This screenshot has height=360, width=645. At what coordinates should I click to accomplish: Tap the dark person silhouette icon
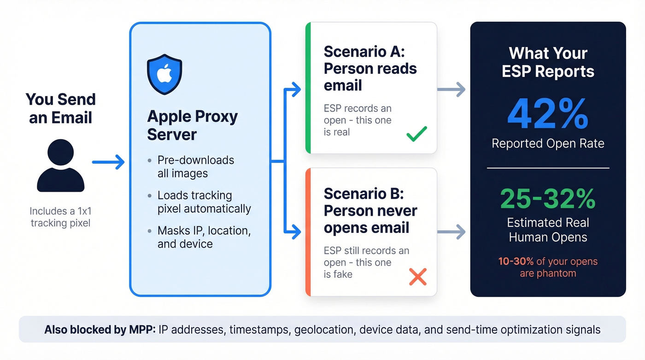pyautogui.click(x=61, y=166)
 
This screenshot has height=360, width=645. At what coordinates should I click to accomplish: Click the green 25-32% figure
pyautogui.click(x=547, y=198)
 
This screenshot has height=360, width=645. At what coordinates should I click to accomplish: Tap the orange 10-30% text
pyautogui.click(x=516, y=261)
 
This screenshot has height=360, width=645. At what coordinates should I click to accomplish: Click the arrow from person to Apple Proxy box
pyautogui.click(x=108, y=162)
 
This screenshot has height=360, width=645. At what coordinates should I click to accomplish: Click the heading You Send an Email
pyautogui.click(x=61, y=108)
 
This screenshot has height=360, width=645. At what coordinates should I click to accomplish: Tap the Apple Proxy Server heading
pyautogui.click(x=192, y=125)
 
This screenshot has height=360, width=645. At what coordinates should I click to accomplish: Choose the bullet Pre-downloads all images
pyautogui.click(x=195, y=166)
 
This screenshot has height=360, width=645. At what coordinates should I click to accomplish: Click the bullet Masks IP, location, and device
pyautogui.click(x=204, y=237)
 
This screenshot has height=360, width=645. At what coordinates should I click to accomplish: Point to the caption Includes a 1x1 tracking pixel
pyautogui.click(x=60, y=217)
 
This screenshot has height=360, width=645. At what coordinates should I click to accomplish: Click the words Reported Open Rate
pyautogui.click(x=547, y=143)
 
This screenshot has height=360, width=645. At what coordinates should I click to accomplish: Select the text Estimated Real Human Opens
pyautogui.click(x=547, y=230)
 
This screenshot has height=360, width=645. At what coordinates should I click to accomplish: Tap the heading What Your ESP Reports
pyautogui.click(x=547, y=62)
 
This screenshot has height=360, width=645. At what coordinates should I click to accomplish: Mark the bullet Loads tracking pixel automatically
pyautogui.click(x=204, y=202)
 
